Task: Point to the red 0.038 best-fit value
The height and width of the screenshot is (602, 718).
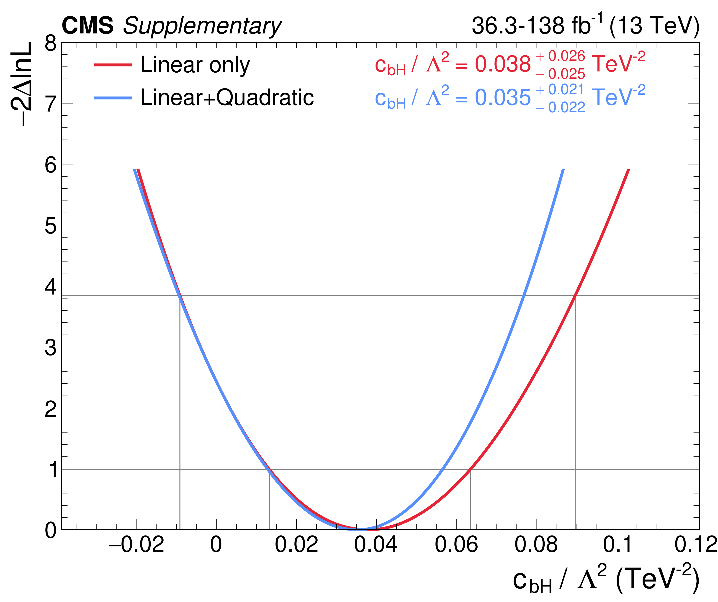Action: (x=503, y=64)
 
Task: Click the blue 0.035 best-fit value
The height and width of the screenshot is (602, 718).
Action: (x=503, y=98)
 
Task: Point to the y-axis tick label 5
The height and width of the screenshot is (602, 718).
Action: (x=51, y=226)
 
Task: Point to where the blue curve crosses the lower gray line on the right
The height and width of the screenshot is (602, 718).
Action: (x=442, y=470)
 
